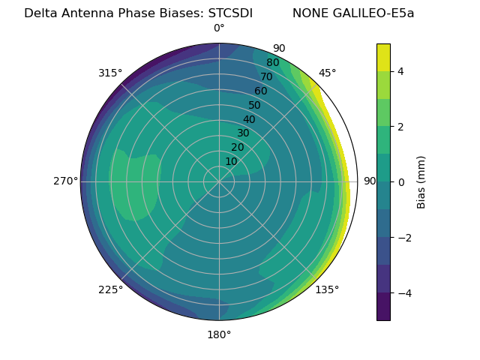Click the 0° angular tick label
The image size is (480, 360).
tap(219, 28)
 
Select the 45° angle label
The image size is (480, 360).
tap(327, 73)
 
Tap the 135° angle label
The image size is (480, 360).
tap(327, 290)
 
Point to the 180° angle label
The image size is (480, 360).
tap(219, 334)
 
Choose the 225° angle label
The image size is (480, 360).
tap(110, 290)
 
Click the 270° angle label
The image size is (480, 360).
tap(65, 181)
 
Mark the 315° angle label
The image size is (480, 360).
tap(110, 73)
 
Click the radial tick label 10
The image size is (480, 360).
tap(231, 161)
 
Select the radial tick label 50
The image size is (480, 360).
tap(254, 106)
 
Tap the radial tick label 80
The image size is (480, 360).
tap(272, 63)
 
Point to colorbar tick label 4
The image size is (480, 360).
tap(401, 71)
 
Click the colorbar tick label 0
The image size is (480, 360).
tap(401, 181)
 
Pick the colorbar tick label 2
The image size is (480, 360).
tap(401, 127)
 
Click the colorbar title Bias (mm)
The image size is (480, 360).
tap(421, 181)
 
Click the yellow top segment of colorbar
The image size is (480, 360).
tap(383, 57)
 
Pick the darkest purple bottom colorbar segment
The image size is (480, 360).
tap(383, 306)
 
